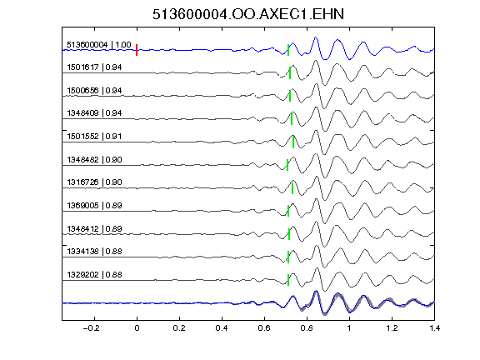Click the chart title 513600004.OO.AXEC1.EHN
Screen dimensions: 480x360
point(248,14)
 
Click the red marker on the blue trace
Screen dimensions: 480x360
point(137,50)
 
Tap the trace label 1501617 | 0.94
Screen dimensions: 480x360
point(94,67)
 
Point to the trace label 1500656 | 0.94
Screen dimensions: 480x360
point(94,91)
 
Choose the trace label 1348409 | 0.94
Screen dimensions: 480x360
point(94,113)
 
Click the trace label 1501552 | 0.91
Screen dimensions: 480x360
point(94,136)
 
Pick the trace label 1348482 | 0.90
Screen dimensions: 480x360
point(94,159)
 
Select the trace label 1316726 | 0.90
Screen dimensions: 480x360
point(94,182)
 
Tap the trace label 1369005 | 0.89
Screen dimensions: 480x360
point(94,205)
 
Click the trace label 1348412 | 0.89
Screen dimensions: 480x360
point(94,228)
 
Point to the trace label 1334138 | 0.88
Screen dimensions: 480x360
point(94,252)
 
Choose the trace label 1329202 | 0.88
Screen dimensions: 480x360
point(94,275)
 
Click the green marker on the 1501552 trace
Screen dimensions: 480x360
point(293,142)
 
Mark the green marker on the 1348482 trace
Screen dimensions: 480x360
point(287,165)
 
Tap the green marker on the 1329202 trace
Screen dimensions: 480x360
point(288,280)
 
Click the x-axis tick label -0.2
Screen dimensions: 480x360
point(91,328)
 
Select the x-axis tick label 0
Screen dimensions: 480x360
point(137,328)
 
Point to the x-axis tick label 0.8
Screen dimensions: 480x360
point(307,328)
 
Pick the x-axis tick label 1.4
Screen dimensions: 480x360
point(434,328)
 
